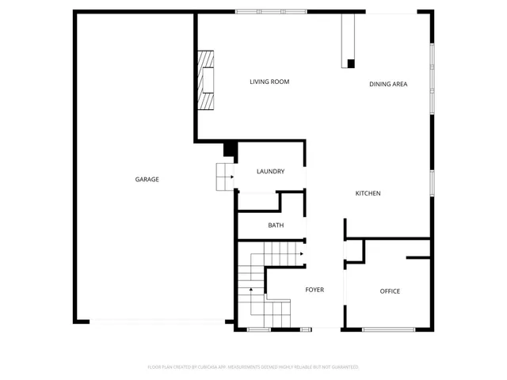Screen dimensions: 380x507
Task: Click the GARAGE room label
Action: pos(147,180)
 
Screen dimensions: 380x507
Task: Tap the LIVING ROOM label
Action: pos(269,82)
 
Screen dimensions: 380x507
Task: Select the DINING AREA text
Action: pos(388,84)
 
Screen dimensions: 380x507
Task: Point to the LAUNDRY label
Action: pos(270,172)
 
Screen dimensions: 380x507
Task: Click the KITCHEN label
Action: pos(368,194)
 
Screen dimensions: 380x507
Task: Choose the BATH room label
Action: pos(276,226)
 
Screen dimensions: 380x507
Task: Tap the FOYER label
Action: pos(314,291)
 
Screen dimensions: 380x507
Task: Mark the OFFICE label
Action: pos(390,291)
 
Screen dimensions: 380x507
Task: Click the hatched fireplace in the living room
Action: pos(206,81)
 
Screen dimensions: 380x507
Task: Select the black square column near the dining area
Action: pos(351,63)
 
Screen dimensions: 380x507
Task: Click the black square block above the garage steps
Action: pos(230,148)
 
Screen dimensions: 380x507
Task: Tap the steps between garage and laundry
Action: pos(224,177)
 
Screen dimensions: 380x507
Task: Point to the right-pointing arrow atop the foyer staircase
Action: pos(301,255)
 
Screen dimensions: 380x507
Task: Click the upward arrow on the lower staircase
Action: pos(251,290)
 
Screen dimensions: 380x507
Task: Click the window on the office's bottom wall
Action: pos(389,328)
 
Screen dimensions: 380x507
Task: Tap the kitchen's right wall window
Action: pos(432,181)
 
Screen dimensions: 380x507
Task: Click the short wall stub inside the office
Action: pos(417,258)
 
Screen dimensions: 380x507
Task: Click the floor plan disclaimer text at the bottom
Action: pos(253,367)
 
